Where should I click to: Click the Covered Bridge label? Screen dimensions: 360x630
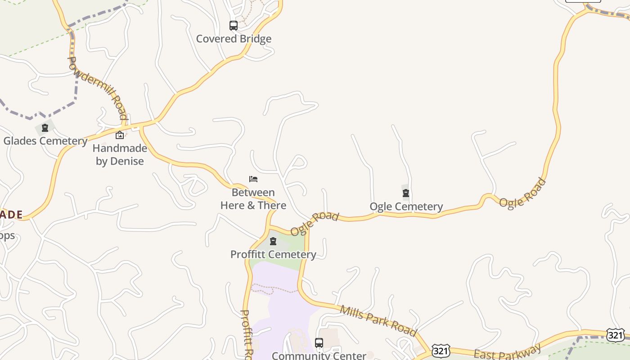[234, 39]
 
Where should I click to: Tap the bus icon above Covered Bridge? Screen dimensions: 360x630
[233, 26]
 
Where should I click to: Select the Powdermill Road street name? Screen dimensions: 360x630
[97, 88]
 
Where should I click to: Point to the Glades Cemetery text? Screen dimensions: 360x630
[45, 141]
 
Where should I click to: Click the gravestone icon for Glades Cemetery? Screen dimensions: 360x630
[45, 128]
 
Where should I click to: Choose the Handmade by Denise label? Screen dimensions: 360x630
[120, 154]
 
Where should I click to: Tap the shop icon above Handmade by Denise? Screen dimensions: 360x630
[120, 135]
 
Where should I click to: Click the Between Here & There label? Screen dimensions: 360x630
[253, 199]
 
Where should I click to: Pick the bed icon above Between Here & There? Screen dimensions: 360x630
[253, 179]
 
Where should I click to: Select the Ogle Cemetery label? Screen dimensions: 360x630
[406, 207]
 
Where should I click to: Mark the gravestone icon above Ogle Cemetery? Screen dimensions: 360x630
[406, 193]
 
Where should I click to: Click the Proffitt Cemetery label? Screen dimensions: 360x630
[273, 254]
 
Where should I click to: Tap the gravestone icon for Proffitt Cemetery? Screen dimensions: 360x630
[273, 241]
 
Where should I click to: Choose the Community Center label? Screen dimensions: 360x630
[319, 355]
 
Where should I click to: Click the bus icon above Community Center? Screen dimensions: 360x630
[319, 343]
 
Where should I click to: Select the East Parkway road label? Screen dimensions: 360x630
[508, 352]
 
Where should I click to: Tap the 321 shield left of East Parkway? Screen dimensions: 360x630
[440, 351]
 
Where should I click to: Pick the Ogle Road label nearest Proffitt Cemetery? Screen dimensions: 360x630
[314, 224]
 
